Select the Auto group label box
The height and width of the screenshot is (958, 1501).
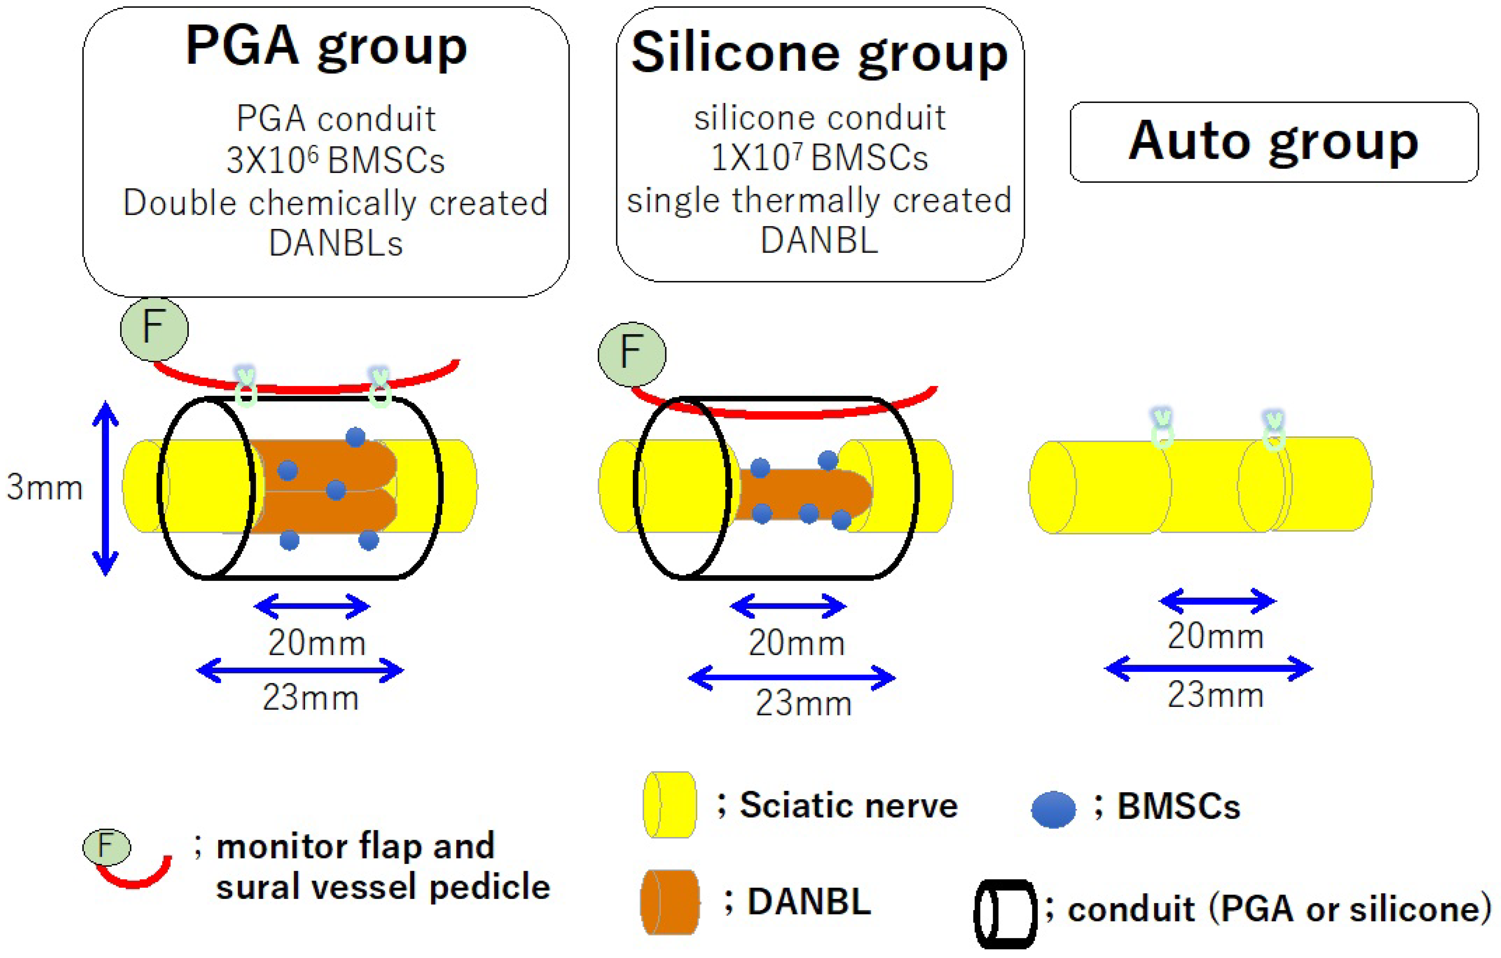tap(1273, 142)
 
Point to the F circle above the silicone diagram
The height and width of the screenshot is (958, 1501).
tap(631, 353)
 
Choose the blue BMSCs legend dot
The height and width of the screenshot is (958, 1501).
tap(1053, 809)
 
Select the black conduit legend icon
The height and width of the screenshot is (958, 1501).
tap(1005, 913)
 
